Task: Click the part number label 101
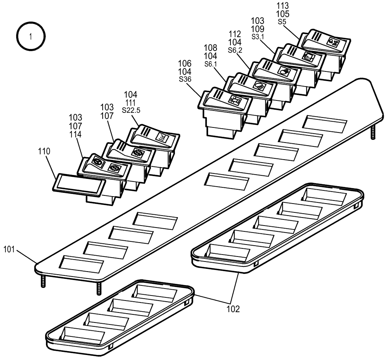[x=10, y=249]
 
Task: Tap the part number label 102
[x=233, y=309]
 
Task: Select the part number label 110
[x=44, y=152]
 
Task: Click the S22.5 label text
[x=131, y=110]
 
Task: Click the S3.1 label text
[x=257, y=36]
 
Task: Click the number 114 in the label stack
[x=75, y=134]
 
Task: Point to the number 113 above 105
[x=283, y=6]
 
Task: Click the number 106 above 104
[x=185, y=63]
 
